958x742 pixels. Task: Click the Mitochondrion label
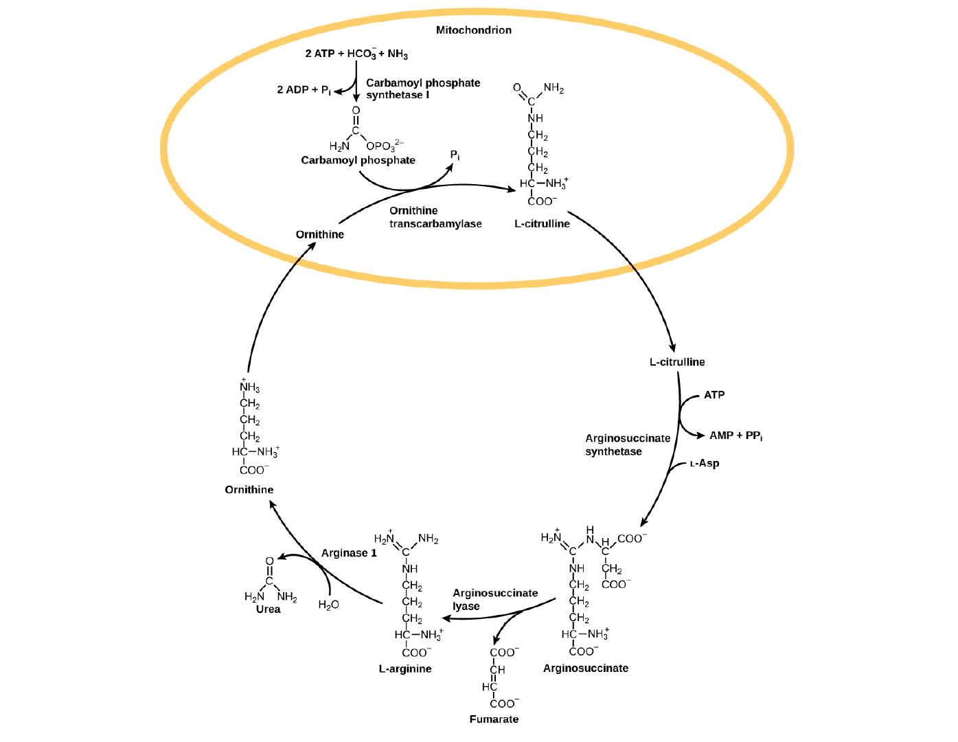[x=473, y=30]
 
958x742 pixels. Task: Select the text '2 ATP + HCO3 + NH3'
[x=356, y=54]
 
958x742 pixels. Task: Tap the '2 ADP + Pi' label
[x=304, y=90]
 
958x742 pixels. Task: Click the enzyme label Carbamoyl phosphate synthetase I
[x=422, y=89]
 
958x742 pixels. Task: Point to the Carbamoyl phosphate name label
[x=358, y=160]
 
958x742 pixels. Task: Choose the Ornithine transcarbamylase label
[x=435, y=217]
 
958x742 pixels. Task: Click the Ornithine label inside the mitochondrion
[x=319, y=234]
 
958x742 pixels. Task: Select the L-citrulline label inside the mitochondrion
[x=542, y=224]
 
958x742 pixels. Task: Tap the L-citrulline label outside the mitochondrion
[x=676, y=362]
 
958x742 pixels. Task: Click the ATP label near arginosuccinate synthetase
[x=714, y=395]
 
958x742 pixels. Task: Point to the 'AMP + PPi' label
[x=735, y=436]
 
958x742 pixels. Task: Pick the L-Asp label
[x=705, y=464]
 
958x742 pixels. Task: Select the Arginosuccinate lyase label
[x=494, y=599]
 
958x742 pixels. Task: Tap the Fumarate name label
[x=494, y=719]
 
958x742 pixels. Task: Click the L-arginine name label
[x=405, y=668]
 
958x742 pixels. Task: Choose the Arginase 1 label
[x=349, y=553]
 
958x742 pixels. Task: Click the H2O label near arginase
[x=328, y=605]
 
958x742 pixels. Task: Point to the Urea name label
[x=268, y=609]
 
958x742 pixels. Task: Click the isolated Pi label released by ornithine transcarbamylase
[x=455, y=155]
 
